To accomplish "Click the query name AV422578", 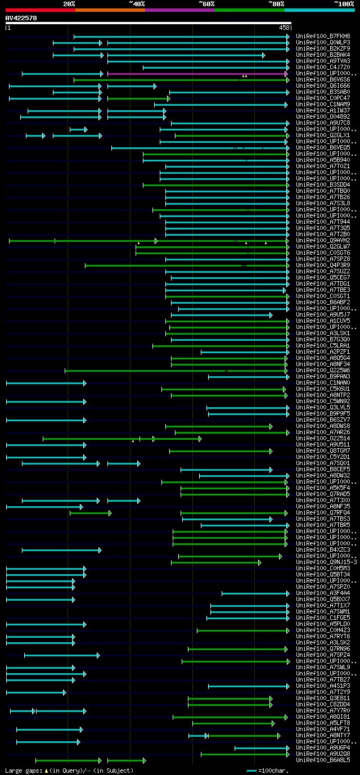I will pyautogui.click(x=21, y=18).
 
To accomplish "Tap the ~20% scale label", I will pyautogui.click(x=69, y=4).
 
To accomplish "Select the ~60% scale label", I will pyautogui.click(x=206, y=4).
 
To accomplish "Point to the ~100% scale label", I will pyautogui.click(x=344, y=4).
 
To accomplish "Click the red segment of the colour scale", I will pyautogui.click(x=40, y=10).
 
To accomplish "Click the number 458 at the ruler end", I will pyautogui.click(x=284, y=27).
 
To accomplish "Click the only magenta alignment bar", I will pyautogui.click(x=197, y=74).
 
